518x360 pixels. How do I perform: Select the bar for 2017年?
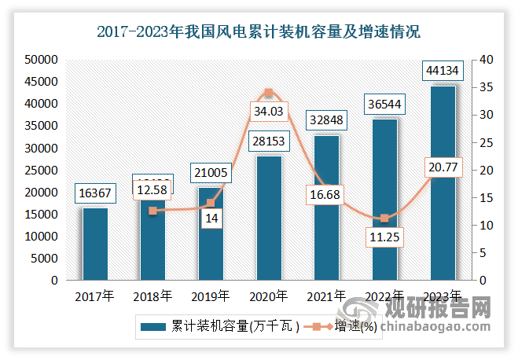click(95, 244)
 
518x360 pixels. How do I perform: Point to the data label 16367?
click(95, 193)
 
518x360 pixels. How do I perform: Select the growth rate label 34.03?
click(268, 112)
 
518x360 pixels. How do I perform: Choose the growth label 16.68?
click(326, 193)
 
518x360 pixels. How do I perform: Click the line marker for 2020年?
click(268, 93)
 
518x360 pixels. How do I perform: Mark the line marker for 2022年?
click(384, 219)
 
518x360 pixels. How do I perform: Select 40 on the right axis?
click(487, 59)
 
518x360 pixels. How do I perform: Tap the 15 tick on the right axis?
click(487, 197)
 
